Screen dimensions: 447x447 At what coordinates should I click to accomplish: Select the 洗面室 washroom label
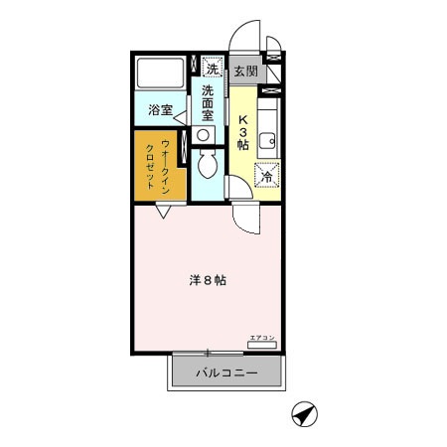209,103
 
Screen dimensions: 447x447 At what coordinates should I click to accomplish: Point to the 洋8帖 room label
208,280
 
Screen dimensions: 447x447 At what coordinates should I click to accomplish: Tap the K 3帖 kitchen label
243,129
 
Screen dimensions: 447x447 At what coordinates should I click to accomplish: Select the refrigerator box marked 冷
265,176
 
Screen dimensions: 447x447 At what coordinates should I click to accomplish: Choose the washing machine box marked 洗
211,68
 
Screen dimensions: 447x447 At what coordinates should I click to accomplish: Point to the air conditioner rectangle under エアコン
261,348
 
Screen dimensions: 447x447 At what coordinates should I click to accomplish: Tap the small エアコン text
261,340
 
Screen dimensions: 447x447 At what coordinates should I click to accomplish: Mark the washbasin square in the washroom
204,135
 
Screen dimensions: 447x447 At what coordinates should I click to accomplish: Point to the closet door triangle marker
163,211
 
